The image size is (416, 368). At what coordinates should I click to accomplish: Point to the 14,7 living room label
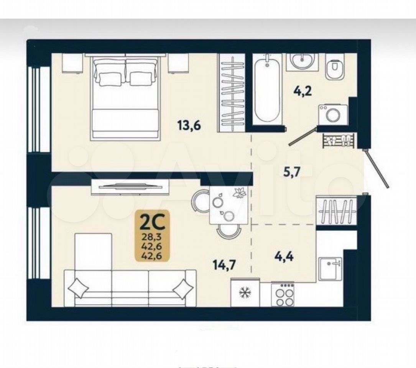click(224, 264)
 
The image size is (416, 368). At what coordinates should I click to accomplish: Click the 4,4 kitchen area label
click(284, 256)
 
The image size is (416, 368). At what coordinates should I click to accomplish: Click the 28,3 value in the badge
click(153, 236)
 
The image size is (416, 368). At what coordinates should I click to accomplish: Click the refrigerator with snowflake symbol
click(245, 292)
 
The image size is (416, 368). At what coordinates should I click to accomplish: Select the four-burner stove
click(282, 295)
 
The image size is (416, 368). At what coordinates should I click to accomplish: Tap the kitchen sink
click(330, 268)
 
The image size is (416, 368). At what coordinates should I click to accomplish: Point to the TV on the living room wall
click(130, 187)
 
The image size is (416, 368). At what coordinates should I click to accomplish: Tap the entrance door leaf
click(377, 169)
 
